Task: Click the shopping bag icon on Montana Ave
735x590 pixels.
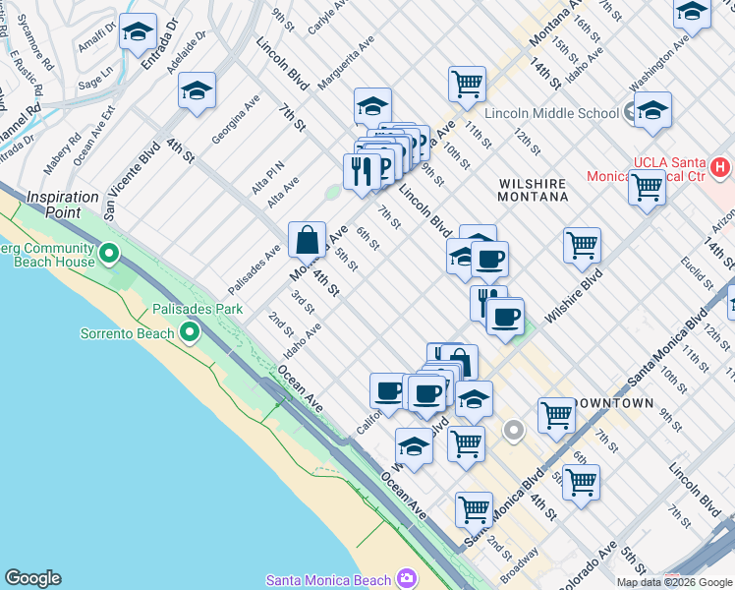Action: pyautogui.click(x=307, y=240)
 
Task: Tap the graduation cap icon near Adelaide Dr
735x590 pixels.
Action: pyautogui.click(x=198, y=93)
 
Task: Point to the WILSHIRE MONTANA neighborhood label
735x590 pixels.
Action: pyautogui.click(x=534, y=190)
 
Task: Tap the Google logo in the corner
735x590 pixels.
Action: pyautogui.click(x=32, y=578)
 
